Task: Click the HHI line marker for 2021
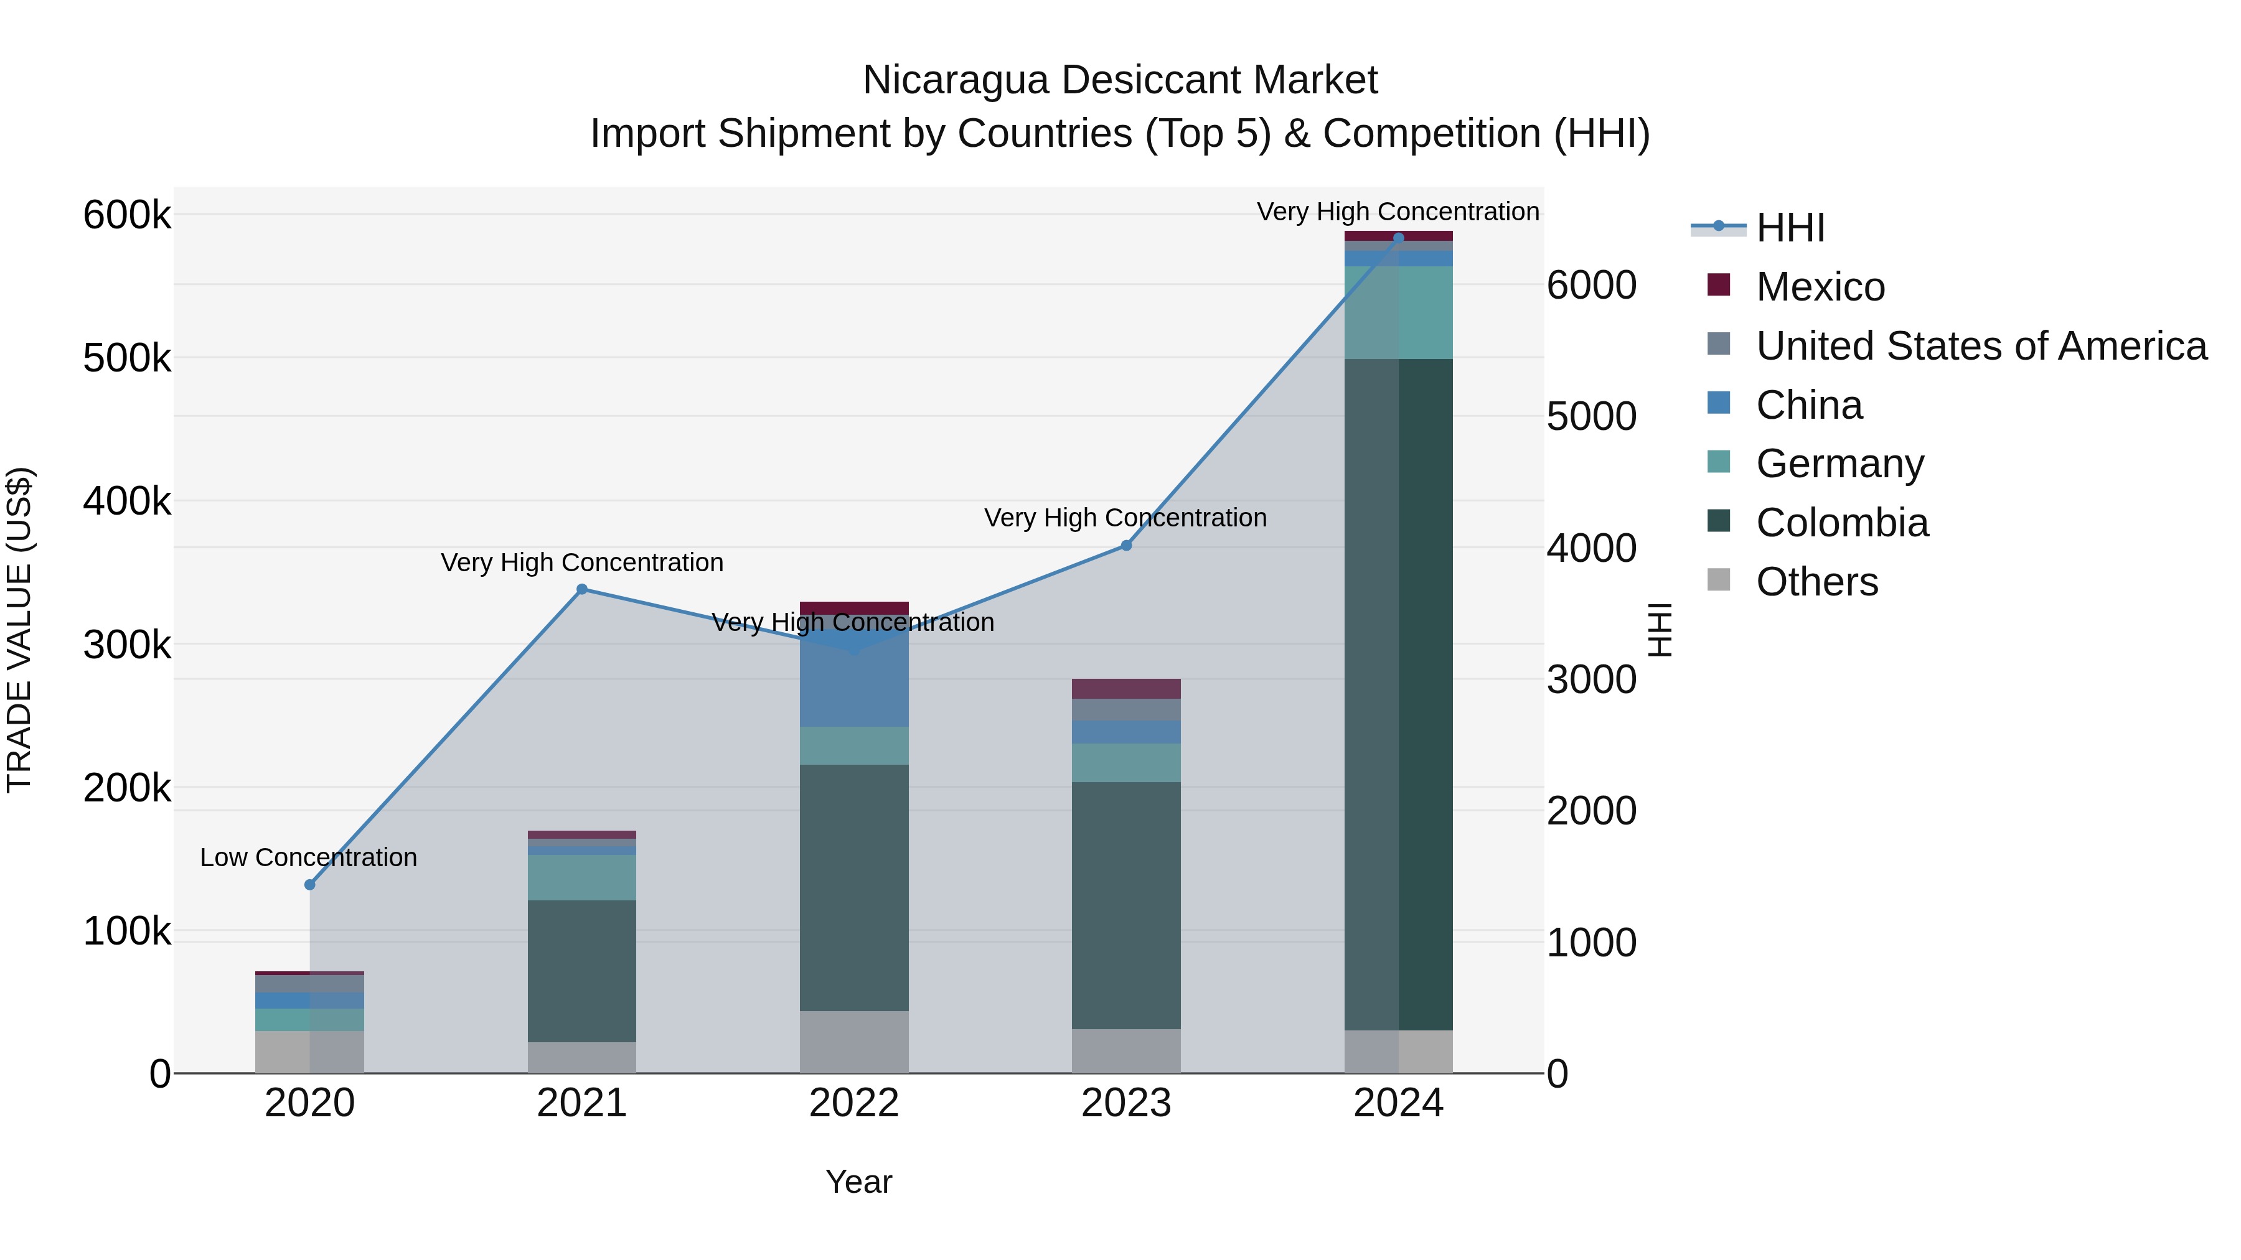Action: (582, 590)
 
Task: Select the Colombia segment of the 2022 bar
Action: (853, 887)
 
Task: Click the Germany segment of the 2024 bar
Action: (1398, 313)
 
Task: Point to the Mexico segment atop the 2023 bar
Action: (1125, 689)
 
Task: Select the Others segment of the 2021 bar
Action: (582, 1057)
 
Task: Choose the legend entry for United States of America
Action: (1980, 346)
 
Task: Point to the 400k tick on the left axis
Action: (127, 501)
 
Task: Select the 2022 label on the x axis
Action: (853, 1103)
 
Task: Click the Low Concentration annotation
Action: (309, 857)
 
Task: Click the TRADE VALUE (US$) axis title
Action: (19, 630)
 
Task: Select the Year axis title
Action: (858, 1182)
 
